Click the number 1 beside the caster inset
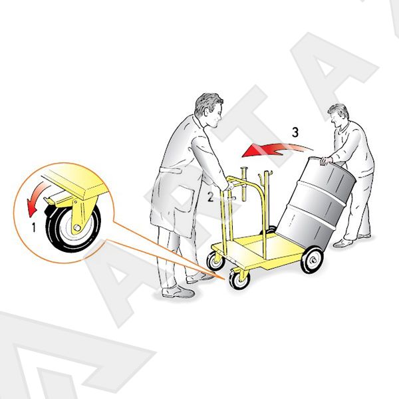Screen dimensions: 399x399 (34, 227)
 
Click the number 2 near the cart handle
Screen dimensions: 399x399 (210, 197)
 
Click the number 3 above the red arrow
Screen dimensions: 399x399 (295, 132)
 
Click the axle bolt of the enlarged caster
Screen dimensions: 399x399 (76, 227)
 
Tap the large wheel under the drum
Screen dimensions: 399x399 (313, 259)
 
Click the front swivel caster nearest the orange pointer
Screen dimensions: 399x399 (239, 279)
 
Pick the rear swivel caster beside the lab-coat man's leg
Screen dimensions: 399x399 (215, 260)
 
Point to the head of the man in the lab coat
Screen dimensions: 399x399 (209, 110)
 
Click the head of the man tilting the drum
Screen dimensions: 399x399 (338, 116)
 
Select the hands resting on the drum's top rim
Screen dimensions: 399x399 (326, 161)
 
